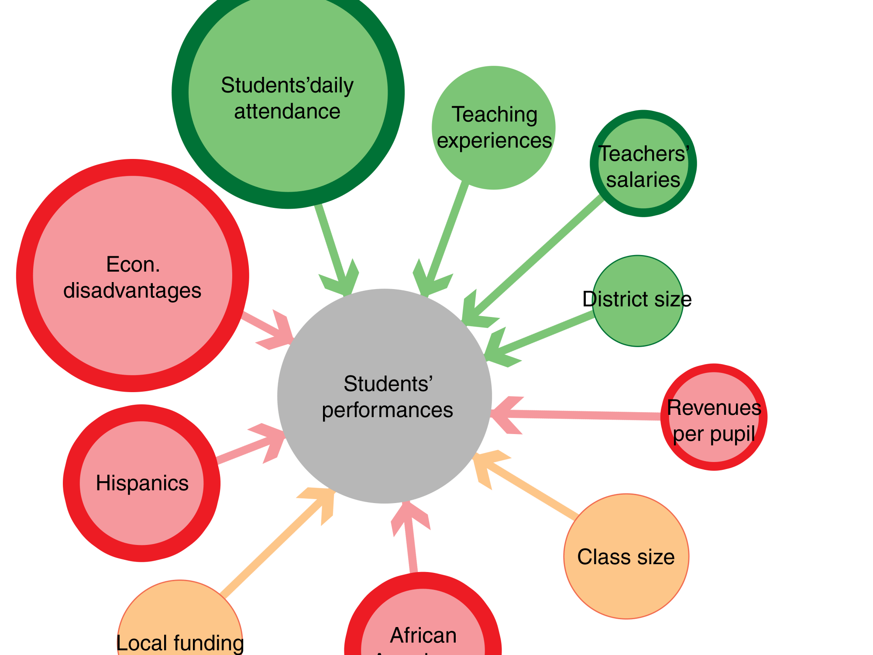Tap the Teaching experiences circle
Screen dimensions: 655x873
tap(493, 170)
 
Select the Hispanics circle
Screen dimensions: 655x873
tap(141, 515)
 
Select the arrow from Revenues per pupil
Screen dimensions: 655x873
tap(581, 414)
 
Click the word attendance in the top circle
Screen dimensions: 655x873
tap(287, 112)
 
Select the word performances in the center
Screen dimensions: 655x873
tap(387, 410)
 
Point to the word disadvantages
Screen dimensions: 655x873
tap(132, 291)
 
